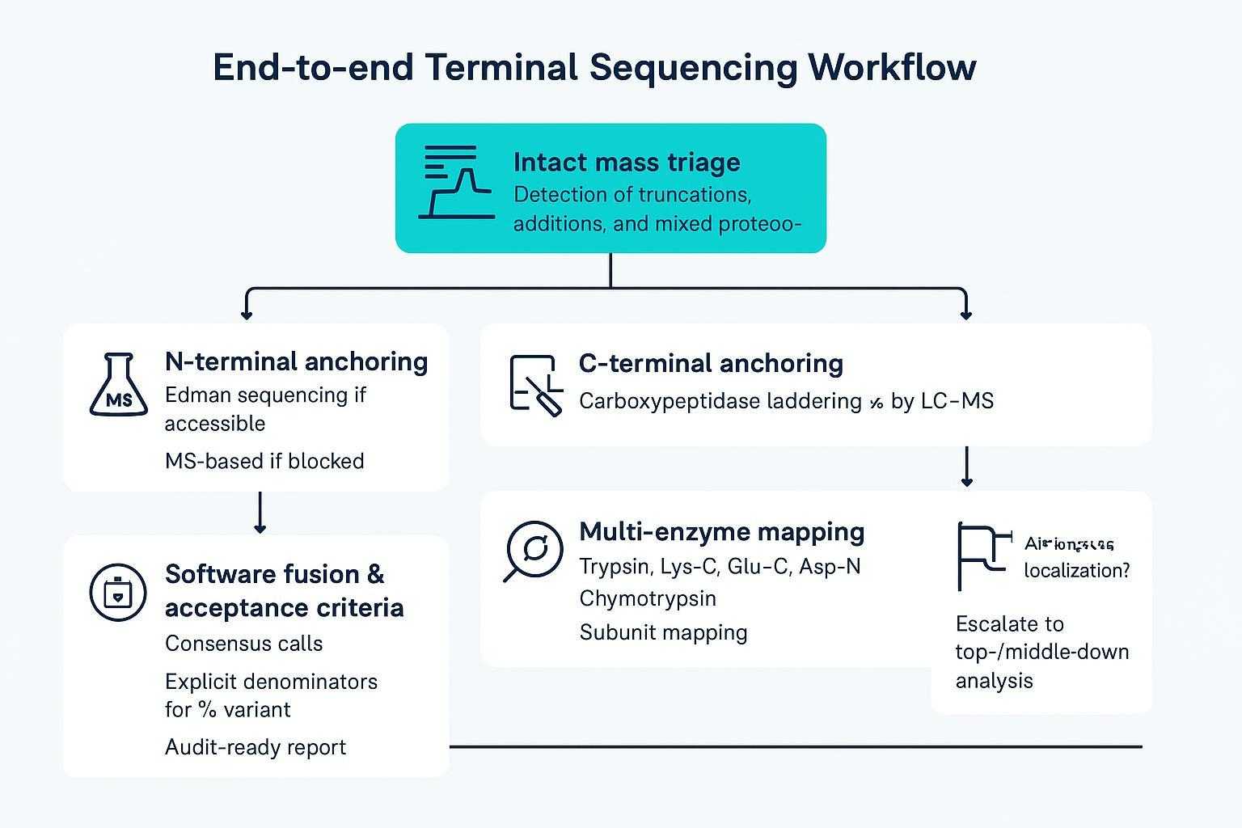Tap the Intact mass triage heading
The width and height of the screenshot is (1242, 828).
point(627,162)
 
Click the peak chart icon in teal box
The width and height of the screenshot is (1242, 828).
point(456,182)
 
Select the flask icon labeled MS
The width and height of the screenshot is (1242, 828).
point(118,386)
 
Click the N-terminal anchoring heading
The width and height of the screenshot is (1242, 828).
point(296,361)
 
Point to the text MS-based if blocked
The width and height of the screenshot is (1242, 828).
point(264,461)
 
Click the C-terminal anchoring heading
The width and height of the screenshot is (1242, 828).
point(711,363)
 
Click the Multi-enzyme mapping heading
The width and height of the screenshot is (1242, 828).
point(721,531)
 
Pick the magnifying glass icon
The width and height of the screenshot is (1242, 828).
point(533,551)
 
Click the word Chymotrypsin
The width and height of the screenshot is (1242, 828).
point(648,598)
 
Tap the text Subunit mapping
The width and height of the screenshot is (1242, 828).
point(663,632)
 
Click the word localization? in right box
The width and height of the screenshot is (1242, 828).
point(1076,570)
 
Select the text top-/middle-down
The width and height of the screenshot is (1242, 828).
point(1041,652)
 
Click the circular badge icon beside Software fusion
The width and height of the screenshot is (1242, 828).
point(118,593)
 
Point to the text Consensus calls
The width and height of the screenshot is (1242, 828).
point(243,644)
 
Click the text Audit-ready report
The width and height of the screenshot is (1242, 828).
point(255,746)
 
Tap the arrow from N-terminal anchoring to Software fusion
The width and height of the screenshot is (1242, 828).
point(260,513)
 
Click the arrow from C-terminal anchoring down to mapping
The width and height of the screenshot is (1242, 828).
point(966,467)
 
